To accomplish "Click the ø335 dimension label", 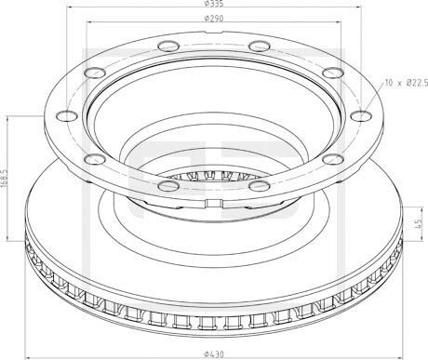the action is [x=214, y=4].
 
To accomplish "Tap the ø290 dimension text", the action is [x=214, y=19].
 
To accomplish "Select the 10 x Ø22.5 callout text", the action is [x=407, y=83].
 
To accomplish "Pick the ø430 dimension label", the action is [x=214, y=353].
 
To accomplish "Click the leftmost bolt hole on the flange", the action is [x=67, y=115].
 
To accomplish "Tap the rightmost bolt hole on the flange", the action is [x=361, y=115].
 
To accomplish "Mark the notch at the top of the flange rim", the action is [x=214, y=33].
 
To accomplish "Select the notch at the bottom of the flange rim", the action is [x=214, y=203].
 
